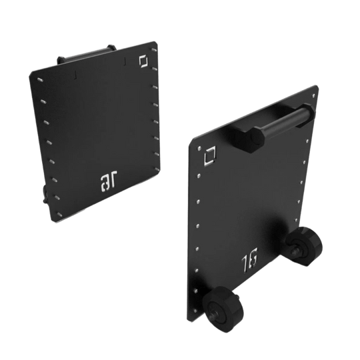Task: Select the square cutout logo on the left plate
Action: coord(143,60)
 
